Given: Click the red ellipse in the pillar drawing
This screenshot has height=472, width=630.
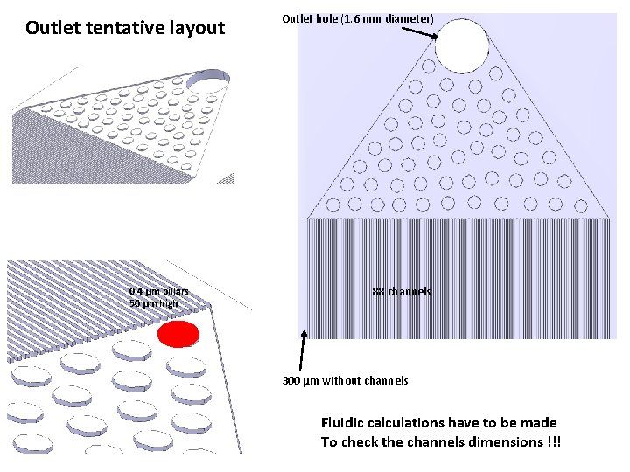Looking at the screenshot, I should point(178,334).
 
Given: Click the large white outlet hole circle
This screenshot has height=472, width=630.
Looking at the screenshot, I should point(462,45).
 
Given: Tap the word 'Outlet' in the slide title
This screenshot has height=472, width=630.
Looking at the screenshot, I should point(53,28).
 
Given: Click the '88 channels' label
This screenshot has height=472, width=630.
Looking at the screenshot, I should point(402,292).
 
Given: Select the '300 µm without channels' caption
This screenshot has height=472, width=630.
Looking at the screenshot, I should point(345,381).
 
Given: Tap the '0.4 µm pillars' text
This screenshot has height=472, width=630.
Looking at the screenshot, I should point(158,292).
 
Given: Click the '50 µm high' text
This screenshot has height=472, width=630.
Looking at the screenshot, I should point(153,303).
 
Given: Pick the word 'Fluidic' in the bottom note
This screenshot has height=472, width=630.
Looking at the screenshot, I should point(346,423).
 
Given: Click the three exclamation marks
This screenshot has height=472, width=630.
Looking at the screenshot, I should point(553,442).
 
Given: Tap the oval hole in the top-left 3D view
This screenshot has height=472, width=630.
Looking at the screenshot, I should point(208,83).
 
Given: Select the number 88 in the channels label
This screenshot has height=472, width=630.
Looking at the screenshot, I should point(378,292).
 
